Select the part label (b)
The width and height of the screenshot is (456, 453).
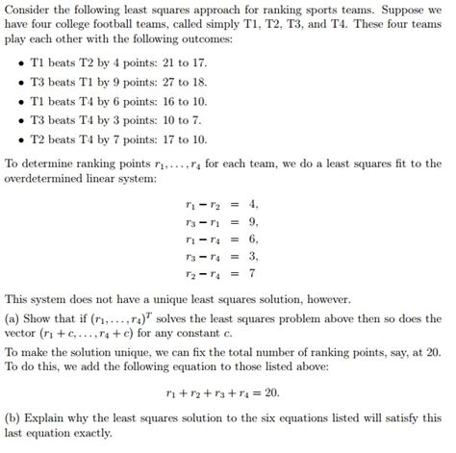click(14, 418)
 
